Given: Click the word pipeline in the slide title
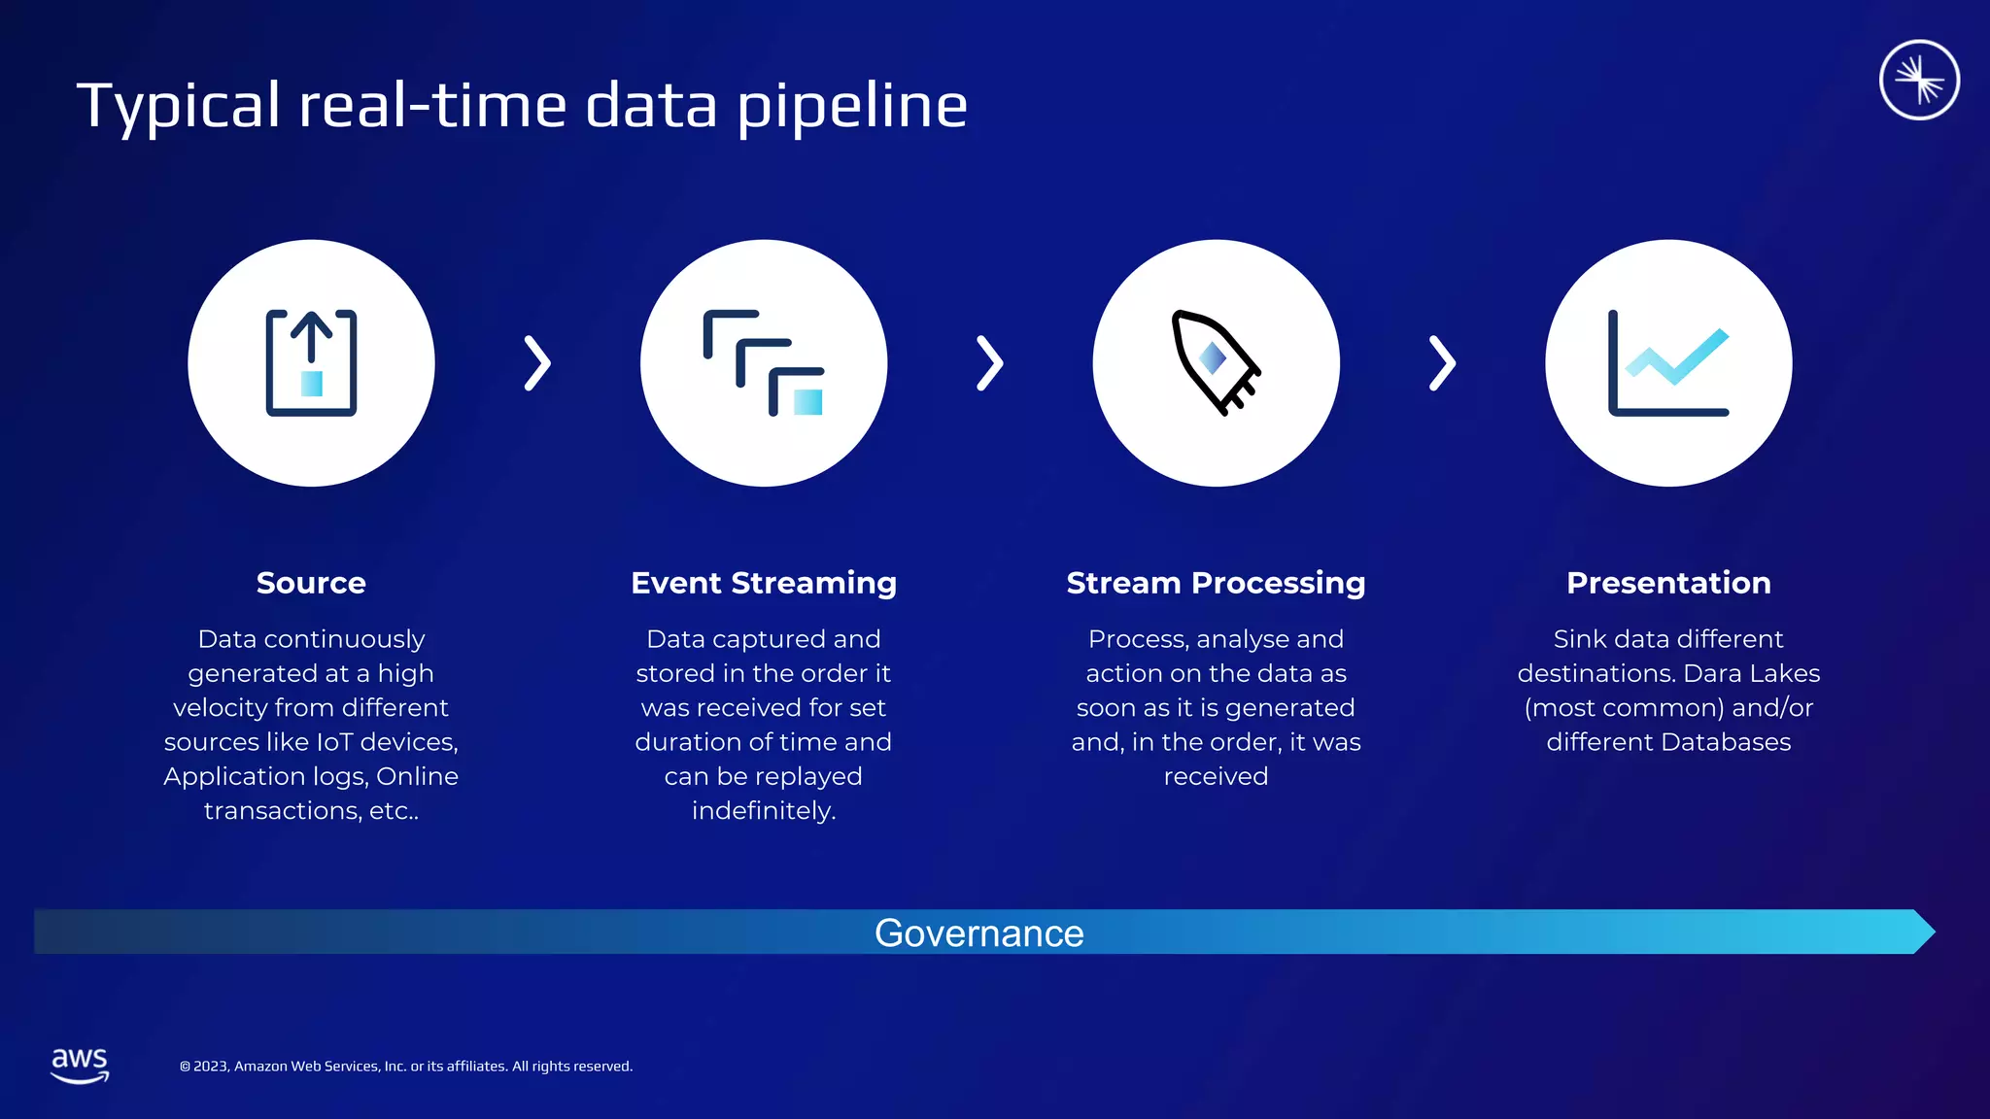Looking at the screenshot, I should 852,107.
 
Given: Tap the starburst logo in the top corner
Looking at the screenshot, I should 1918,80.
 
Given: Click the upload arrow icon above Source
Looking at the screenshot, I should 311,363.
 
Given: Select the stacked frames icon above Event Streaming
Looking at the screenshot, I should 764,363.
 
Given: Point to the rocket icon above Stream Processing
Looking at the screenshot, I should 1215,363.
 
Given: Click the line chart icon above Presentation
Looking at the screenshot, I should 1668,363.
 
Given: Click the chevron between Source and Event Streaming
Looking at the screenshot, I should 537,363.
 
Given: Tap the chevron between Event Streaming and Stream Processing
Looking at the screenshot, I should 989,363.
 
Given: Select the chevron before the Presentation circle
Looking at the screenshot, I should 1442,363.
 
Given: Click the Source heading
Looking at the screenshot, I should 311,583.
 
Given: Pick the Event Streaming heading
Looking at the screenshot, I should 764,583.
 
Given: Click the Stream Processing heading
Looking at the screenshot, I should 1216,583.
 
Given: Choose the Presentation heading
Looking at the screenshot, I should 1668,583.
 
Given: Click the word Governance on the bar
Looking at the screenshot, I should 978,933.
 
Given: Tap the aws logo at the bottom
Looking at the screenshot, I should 80,1065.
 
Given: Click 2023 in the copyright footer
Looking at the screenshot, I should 211,1067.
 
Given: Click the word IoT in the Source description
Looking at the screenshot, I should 335,742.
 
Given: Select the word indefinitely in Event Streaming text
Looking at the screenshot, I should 764,811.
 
